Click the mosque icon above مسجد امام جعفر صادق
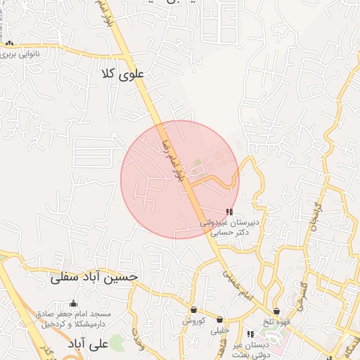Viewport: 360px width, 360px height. [73, 304]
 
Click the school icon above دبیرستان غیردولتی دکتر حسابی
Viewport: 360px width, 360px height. [229, 212]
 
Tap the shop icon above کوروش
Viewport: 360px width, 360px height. [193, 310]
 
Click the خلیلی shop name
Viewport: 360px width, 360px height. [221, 329]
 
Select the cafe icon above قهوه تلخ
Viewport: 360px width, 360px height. [277, 310]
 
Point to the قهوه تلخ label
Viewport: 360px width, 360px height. [276, 321]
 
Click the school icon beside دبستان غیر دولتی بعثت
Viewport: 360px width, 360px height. [250, 334]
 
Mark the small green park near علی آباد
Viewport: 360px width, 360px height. [117, 343]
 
